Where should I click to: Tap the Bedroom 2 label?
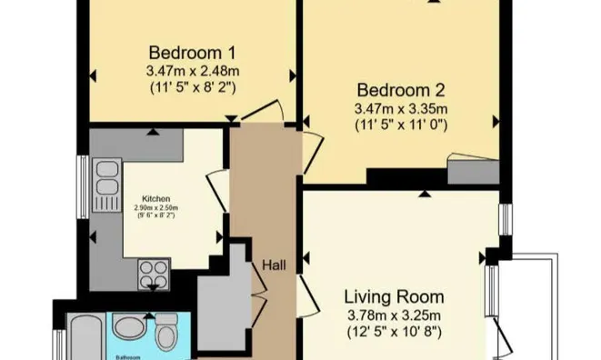pyautogui.click(x=400, y=90)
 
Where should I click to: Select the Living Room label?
pyautogui.click(x=394, y=296)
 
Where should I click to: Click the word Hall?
pyautogui.click(x=275, y=265)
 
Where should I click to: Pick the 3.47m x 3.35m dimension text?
pyautogui.click(x=400, y=108)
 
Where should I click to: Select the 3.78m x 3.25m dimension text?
pyautogui.click(x=394, y=315)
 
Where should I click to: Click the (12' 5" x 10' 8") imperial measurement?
pyautogui.click(x=394, y=332)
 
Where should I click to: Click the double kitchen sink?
pyautogui.click(x=107, y=179)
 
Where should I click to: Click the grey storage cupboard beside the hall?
pyautogui.click(x=221, y=300)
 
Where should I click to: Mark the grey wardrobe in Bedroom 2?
pyautogui.click(x=474, y=170)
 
